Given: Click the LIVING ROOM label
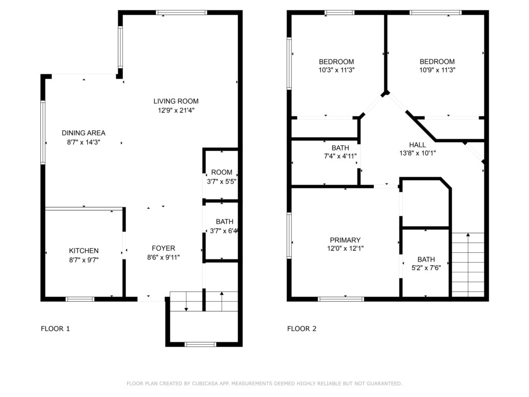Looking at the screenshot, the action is click(x=176, y=101).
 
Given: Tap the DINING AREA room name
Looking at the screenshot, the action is click(x=83, y=133).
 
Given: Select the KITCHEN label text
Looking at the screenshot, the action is click(x=84, y=251).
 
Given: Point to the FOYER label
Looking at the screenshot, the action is click(x=163, y=248).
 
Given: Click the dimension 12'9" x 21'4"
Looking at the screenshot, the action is click(x=176, y=110).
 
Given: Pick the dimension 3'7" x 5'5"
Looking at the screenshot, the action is click(x=221, y=181).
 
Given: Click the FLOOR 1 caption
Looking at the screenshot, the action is click(x=55, y=328).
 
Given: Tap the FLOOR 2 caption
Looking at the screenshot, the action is click(x=302, y=328).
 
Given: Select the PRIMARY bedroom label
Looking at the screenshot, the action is click(x=345, y=240).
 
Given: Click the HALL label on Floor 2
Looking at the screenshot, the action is click(x=417, y=145).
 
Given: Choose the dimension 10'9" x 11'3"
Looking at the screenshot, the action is click(x=437, y=70).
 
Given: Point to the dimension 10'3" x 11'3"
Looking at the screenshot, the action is click(x=336, y=70).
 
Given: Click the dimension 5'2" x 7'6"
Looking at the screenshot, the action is click(x=426, y=268).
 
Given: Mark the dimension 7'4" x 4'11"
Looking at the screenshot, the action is click(x=340, y=156).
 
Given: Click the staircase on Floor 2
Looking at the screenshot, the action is click(x=468, y=265).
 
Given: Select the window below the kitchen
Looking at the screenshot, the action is click(x=80, y=299).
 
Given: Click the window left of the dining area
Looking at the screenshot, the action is click(x=43, y=132).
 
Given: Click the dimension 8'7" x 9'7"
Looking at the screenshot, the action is click(x=84, y=260).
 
